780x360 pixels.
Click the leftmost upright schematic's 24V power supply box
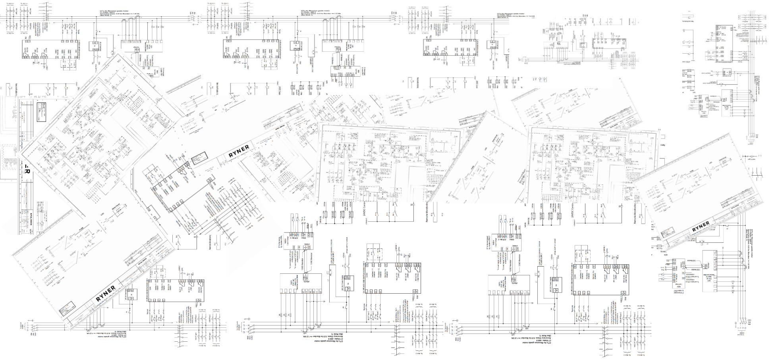(95, 46)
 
